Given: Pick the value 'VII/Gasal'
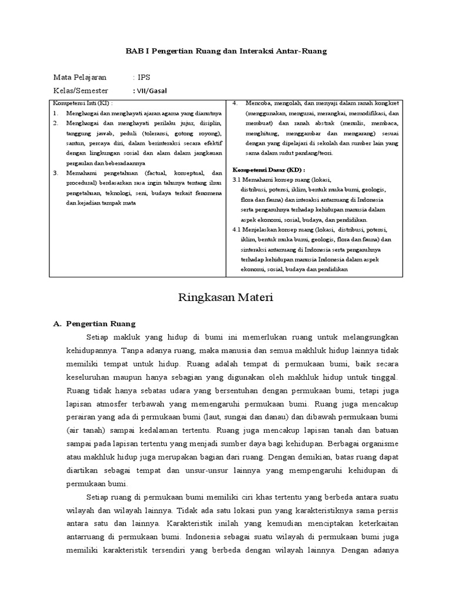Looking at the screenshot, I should click(152, 91).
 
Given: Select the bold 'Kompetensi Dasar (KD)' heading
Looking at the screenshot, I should click(264, 168).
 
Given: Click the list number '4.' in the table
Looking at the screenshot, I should click(235, 103).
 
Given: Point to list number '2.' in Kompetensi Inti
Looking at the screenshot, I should click(55, 123).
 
